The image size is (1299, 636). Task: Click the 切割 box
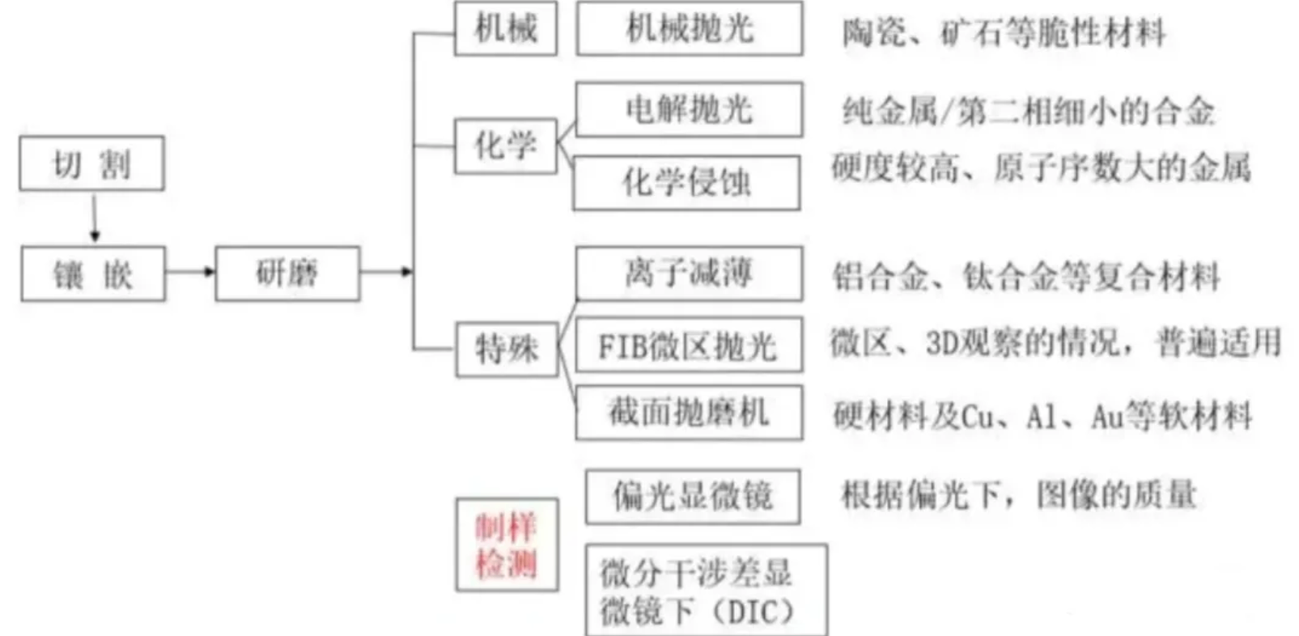click(x=91, y=163)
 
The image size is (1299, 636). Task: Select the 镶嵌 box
click(x=93, y=274)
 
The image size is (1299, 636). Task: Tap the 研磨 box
click(x=287, y=274)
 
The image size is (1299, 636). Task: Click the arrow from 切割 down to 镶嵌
click(x=95, y=218)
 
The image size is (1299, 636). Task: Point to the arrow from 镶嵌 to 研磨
click(x=190, y=272)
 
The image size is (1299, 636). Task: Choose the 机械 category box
click(x=506, y=29)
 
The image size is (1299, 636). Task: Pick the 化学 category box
click(x=506, y=146)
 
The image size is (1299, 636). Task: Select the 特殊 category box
click(x=507, y=349)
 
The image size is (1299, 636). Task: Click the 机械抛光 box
click(x=690, y=29)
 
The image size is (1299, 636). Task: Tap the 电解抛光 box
click(x=690, y=109)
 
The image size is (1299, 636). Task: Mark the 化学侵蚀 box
click(x=686, y=183)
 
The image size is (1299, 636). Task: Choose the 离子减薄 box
click(x=690, y=273)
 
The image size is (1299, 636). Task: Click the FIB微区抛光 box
click(x=689, y=346)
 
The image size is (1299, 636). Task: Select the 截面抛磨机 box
click(x=690, y=413)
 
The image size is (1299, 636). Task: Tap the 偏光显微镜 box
click(x=693, y=495)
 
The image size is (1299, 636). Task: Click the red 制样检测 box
click(x=507, y=545)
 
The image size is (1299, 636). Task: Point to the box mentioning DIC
click(x=706, y=590)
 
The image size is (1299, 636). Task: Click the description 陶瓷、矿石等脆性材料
click(x=1004, y=33)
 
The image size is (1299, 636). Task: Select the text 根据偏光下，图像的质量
click(x=1018, y=494)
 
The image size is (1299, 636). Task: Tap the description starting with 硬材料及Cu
click(x=1042, y=417)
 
